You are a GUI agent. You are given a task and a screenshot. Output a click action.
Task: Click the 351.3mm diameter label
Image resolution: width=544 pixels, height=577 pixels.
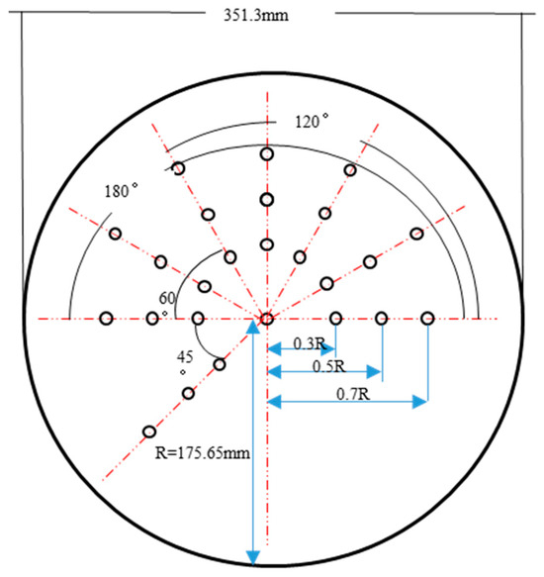256,16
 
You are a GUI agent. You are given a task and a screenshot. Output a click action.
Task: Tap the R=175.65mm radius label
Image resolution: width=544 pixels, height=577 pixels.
203,453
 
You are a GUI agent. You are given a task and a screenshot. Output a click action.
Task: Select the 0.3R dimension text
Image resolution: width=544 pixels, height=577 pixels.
310,343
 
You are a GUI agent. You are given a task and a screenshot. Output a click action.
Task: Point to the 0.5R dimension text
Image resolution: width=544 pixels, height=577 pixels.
329,366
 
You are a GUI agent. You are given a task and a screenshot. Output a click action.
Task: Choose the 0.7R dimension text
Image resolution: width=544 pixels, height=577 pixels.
353,394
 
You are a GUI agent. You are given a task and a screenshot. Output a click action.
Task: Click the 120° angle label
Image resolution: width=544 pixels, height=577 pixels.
312,122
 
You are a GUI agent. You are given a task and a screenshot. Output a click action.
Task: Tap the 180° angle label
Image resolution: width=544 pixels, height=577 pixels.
122,191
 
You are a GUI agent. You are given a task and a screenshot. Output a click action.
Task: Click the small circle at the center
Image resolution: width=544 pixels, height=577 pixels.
267,319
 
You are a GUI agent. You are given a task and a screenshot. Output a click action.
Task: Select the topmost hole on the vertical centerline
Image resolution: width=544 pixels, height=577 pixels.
267,154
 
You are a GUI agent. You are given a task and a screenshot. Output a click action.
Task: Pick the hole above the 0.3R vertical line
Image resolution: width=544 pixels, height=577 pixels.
335,319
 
